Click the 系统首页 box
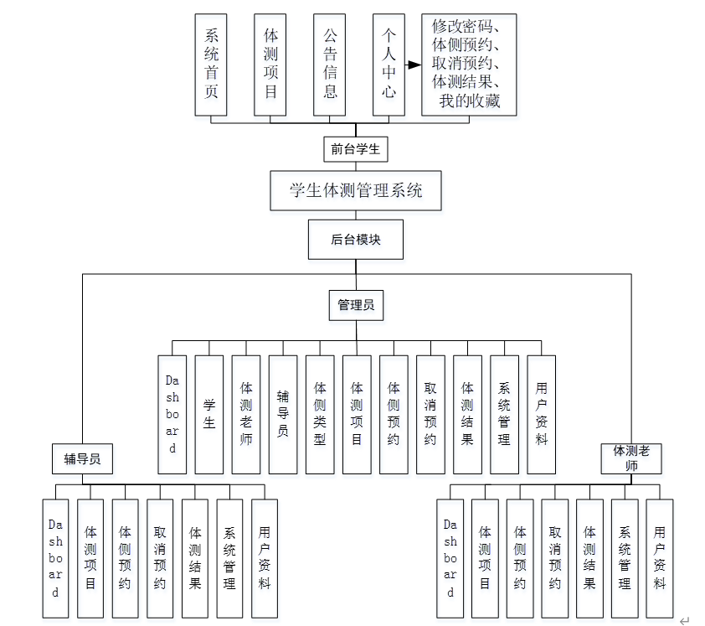[x=211, y=64]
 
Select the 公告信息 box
[x=330, y=64]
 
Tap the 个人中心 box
[x=389, y=64]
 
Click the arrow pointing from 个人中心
[x=413, y=64]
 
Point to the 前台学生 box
[x=355, y=149]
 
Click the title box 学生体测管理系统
[x=355, y=190]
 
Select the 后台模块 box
[x=355, y=240]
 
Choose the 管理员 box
[x=355, y=305]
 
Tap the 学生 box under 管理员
[x=209, y=414]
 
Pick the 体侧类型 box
[x=320, y=414]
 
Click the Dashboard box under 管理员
[x=172, y=414]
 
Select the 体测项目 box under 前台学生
[x=270, y=64]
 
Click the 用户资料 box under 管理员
[x=541, y=414]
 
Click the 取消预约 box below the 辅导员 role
[x=160, y=558]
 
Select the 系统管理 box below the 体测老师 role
[x=625, y=558]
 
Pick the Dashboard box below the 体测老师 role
[x=450, y=558]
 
